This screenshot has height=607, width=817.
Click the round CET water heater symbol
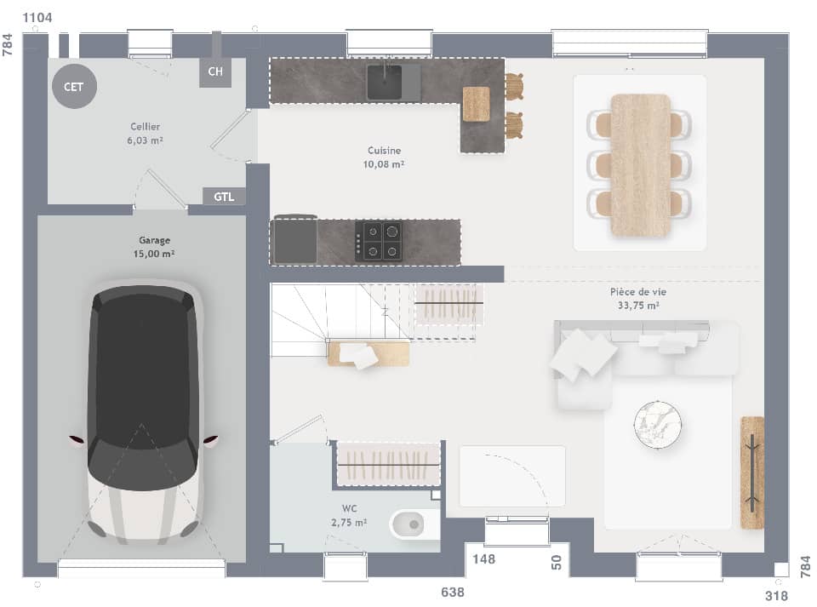74,87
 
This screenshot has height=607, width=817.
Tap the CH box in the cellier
215,72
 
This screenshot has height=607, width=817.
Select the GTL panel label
224,197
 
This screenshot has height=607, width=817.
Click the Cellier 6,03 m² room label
146,133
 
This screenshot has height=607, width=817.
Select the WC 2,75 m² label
349,516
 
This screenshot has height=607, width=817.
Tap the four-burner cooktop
379,240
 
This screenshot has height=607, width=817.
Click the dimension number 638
452,592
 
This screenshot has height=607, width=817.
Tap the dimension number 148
483,559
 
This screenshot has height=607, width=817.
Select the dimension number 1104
37,18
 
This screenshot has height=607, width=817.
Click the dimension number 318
775,596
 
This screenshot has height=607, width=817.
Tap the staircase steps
306,319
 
